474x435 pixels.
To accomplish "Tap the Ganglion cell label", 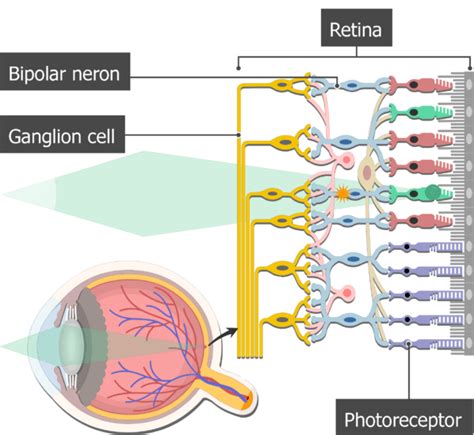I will coord(62,135).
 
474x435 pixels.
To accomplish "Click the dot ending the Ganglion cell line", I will coord(239,135).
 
